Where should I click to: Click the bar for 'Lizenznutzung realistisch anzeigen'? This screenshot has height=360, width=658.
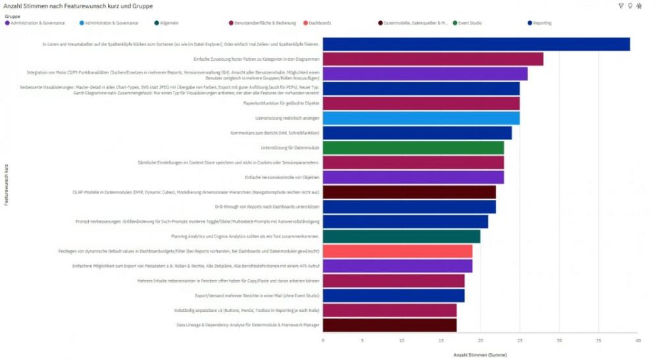421,118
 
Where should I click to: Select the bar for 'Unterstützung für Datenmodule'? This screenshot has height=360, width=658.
413,148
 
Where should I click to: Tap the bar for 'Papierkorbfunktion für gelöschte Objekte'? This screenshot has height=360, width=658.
421,103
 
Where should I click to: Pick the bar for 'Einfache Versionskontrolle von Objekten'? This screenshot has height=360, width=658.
413,177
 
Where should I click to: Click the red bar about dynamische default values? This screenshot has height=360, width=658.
397,251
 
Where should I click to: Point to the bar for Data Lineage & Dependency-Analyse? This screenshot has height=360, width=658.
390,325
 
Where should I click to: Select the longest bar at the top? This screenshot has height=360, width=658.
476,44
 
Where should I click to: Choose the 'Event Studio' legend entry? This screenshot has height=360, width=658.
470,23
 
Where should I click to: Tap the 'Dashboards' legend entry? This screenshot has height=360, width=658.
320,23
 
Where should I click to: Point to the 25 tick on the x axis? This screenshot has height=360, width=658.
520,340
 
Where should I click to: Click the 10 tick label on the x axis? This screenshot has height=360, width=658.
401,340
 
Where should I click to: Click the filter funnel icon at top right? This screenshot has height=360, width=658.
620,6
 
